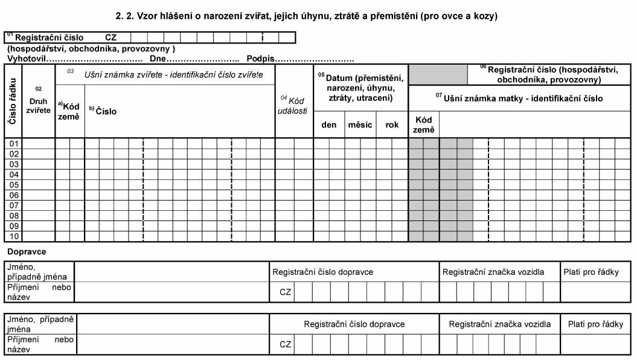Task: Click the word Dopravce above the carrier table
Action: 27,250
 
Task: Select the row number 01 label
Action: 13,144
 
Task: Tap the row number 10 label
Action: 13,236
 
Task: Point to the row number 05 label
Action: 13,185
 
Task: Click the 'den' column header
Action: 329,125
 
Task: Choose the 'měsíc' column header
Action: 360,125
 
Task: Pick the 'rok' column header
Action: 392,125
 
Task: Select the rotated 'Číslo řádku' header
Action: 13,101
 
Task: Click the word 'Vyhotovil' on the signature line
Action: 27,59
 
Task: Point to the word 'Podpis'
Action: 260,59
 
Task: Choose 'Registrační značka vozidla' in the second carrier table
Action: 499,324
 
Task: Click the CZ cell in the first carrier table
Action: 286,292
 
